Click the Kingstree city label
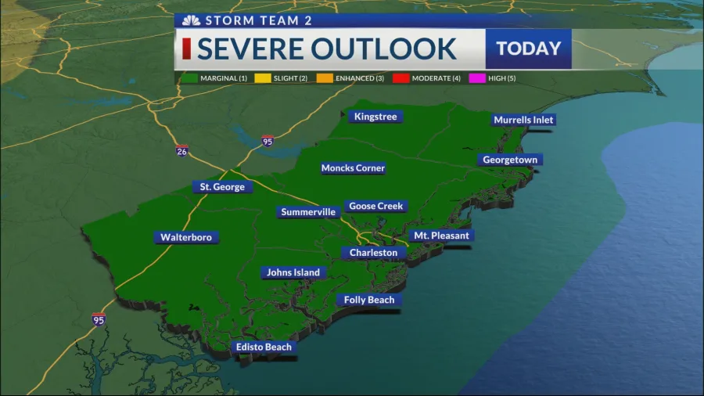tap(375, 117)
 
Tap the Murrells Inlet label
tap(523, 120)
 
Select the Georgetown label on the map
tap(511, 160)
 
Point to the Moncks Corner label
tap(353, 168)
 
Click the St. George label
tap(222, 187)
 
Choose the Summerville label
tap(308, 212)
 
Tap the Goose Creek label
tap(375, 207)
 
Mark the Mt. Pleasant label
tap(441, 236)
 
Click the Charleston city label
tap(373, 253)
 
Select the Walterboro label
tap(186, 237)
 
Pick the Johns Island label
tap(293, 272)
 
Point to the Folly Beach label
tap(369, 300)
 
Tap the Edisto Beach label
tap(264, 347)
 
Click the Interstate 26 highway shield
tap(182, 150)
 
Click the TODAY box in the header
tap(529, 49)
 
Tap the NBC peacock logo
tap(189, 20)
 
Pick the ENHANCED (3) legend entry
tap(354, 78)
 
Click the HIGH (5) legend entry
tap(491, 78)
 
